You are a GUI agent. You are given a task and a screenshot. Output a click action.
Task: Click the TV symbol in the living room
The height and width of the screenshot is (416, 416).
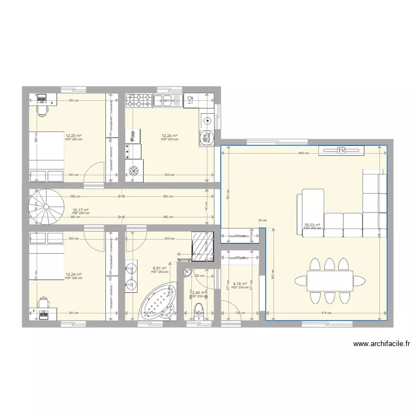(341, 150)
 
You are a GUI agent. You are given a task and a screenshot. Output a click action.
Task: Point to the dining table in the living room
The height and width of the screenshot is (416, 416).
(329, 281)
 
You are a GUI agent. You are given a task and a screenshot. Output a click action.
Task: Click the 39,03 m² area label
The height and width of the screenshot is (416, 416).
(312, 225)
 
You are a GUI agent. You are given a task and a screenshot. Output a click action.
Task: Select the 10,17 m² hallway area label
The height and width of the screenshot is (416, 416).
(80, 210)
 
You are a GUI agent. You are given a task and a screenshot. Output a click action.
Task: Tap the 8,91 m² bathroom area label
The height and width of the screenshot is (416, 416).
(160, 268)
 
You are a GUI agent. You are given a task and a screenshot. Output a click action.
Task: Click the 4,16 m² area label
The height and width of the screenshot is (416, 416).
(240, 284)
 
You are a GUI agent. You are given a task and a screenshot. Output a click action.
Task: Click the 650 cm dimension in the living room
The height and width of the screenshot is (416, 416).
(303, 154)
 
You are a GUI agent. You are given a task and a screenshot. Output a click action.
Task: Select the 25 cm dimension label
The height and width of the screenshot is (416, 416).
(262, 220)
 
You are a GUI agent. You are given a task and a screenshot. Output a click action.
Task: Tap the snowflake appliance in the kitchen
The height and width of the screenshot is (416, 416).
(133, 170)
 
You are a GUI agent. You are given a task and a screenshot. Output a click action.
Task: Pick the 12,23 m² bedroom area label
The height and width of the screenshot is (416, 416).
(74, 136)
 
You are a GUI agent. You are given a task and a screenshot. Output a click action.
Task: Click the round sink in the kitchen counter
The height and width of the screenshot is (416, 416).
(207, 119)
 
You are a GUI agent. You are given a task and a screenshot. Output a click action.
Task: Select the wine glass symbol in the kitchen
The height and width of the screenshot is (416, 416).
(190, 100)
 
